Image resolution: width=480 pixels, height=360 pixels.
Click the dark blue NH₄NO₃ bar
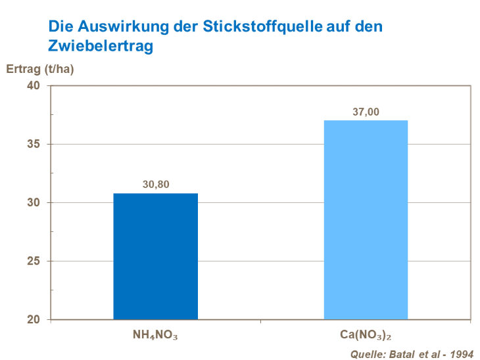coord(155,256)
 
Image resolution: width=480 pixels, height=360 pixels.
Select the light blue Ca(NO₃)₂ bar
coord(366,220)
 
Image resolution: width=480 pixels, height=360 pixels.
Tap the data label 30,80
coord(156,185)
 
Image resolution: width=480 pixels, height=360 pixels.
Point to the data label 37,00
coord(366,112)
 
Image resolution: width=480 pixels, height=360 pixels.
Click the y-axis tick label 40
coord(34,86)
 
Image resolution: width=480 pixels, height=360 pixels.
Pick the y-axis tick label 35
coord(34,145)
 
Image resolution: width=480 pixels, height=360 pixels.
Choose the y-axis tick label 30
coord(34,203)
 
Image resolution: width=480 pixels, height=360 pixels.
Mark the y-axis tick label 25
coord(34,261)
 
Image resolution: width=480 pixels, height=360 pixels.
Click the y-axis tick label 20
coord(34,320)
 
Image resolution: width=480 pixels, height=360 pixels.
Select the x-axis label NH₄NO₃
coord(156,335)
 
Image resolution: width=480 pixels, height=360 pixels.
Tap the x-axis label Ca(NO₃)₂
coord(366,335)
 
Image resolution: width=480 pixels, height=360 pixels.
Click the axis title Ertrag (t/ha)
coord(40,69)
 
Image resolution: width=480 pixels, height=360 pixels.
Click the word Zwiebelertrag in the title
coord(101,47)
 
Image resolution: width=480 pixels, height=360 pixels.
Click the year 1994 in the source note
coord(461,354)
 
